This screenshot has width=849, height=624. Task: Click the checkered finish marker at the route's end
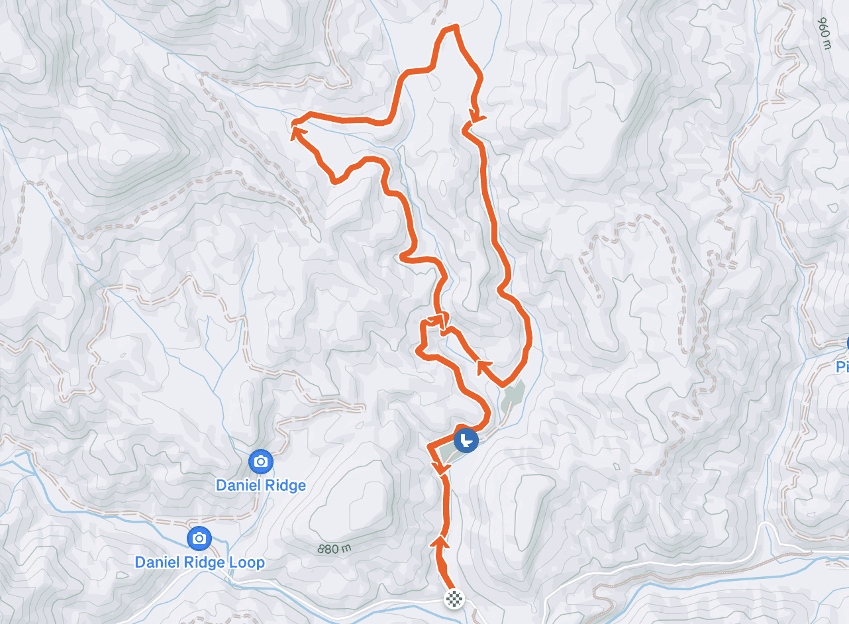454,599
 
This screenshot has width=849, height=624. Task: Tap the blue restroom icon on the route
466,440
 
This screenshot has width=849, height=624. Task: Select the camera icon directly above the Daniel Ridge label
261,461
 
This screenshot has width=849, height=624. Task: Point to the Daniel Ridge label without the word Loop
261,486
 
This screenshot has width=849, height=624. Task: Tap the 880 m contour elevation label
334,549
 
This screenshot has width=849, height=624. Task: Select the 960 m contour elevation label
824,33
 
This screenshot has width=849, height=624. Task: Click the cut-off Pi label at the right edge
842,367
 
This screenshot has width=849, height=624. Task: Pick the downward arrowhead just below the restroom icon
441,469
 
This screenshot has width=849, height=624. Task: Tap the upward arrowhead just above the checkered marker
440,543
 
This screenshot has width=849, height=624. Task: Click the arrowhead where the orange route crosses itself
436,321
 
